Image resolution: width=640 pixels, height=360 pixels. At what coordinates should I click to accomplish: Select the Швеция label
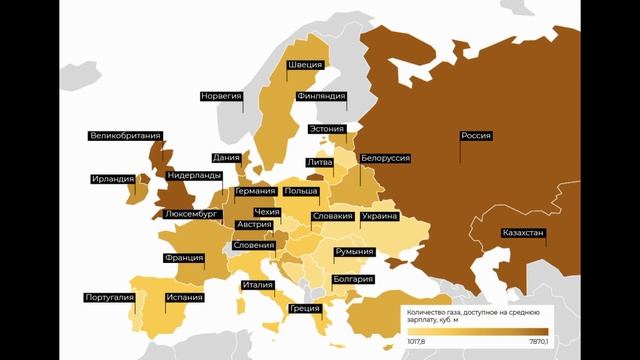click(306, 66)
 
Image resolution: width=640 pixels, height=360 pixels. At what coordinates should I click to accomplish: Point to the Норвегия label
click(222, 96)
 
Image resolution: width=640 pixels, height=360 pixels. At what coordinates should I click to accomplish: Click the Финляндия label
click(321, 97)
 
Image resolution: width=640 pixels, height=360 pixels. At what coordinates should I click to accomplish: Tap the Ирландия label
click(112, 180)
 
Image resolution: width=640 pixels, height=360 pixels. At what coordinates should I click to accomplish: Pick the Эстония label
click(327, 129)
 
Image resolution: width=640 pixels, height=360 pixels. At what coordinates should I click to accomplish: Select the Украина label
click(380, 216)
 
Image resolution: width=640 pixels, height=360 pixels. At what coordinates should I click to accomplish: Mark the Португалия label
click(110, 297)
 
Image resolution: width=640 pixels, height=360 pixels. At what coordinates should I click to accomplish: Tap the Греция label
click(304, 308)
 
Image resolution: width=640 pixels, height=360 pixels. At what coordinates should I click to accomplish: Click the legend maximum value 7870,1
click(533, 342)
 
